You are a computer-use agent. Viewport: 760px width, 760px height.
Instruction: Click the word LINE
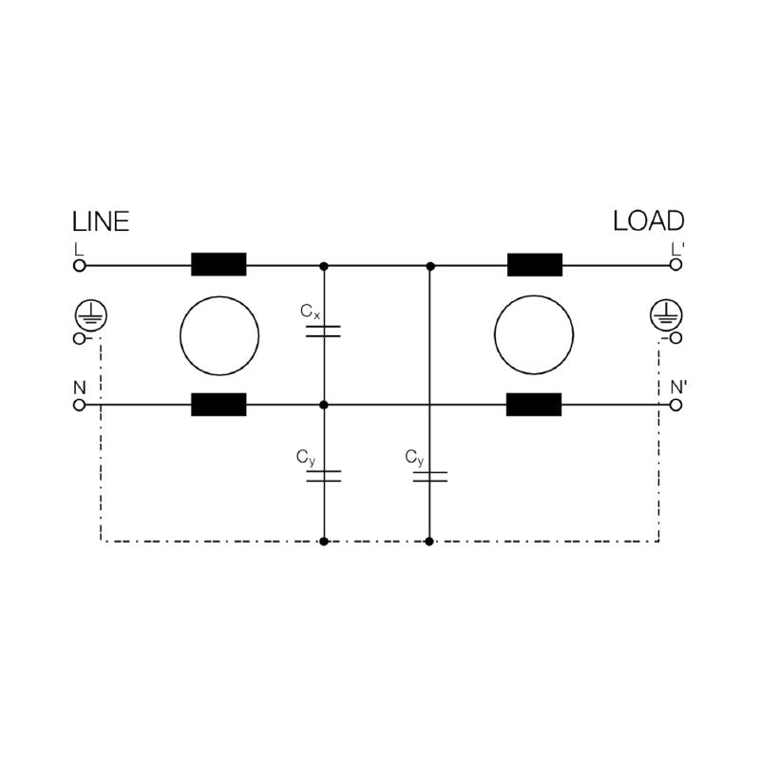tap(101, 222)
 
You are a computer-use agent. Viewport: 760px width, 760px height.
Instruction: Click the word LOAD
tap(649, 221)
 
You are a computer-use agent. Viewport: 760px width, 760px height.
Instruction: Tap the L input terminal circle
tap(80, 266)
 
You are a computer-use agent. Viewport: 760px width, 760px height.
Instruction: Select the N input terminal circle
tap(80, 405)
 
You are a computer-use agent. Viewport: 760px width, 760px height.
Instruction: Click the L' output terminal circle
tap(675, 265)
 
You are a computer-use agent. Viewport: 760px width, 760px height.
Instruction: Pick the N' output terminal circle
tap(675, 405)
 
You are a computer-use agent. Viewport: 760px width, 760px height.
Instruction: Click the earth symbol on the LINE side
tap(91, 315)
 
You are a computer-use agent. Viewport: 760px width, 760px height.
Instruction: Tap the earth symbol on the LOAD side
tap(667, 315)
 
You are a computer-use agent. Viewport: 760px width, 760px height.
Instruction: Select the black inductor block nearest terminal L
tap(218, 265)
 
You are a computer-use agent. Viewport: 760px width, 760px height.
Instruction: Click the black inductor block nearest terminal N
tap(218, 405)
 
